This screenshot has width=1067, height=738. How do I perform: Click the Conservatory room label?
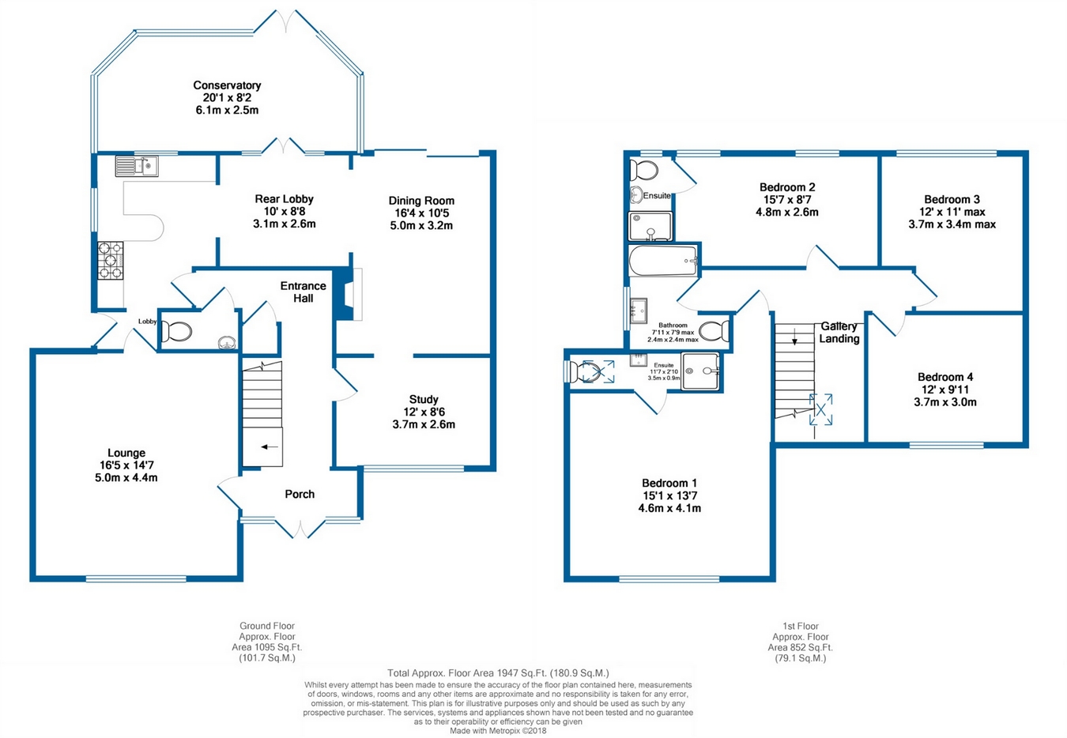coord(227,85)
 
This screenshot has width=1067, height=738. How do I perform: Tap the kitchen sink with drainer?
coord(137,166)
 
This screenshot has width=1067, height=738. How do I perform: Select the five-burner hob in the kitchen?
coord(111,261)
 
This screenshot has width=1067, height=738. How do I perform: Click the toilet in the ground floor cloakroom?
coord(175,331)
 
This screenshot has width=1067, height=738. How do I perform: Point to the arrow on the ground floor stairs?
coord(270,446)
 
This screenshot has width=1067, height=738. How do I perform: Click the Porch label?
coord(300,494)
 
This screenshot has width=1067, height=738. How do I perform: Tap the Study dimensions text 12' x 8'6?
coord(424,412)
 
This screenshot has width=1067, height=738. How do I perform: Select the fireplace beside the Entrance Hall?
coord(347,294)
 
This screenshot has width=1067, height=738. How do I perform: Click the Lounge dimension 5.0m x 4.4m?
coord(126,477)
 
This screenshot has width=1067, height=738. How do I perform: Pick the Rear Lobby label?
coord(284,199)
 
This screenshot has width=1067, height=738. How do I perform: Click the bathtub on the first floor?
coord(663,261)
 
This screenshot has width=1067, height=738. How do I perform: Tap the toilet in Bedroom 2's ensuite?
coord(643,170)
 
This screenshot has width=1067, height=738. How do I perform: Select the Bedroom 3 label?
coord(952,199)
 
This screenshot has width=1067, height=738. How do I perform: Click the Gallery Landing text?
coord(839,333)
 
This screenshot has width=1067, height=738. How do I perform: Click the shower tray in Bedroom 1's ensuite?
coord(699,371)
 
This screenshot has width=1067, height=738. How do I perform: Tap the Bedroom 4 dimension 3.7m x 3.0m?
coord(945,402)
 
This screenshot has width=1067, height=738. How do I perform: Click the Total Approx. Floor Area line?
coord(498,672)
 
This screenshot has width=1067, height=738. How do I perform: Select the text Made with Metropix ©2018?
coord(498,730)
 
